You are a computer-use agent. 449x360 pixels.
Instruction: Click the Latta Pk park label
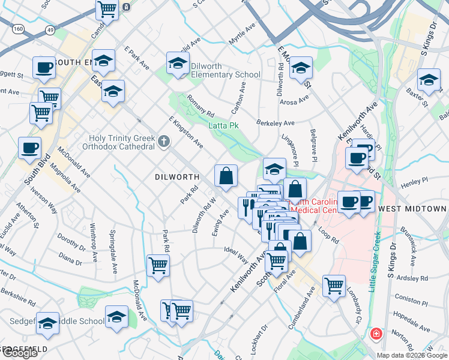tap(223, 125)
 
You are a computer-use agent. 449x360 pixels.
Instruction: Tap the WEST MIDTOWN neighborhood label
tap(412, 209)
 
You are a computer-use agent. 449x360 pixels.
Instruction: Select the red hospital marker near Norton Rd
tap(376, 334)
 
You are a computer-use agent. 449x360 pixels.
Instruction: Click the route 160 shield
tap(19, 28)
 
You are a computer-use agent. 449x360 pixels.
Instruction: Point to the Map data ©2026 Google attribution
tap(411, 355)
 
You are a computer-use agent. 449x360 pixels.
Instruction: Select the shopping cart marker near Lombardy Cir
tap(334, 285)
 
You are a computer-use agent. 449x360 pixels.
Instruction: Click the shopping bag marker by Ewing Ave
tap(226, 176)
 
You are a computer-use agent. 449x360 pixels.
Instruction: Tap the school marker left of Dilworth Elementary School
tap(178, 64)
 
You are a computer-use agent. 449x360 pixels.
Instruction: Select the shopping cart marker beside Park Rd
tap(158, 265)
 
